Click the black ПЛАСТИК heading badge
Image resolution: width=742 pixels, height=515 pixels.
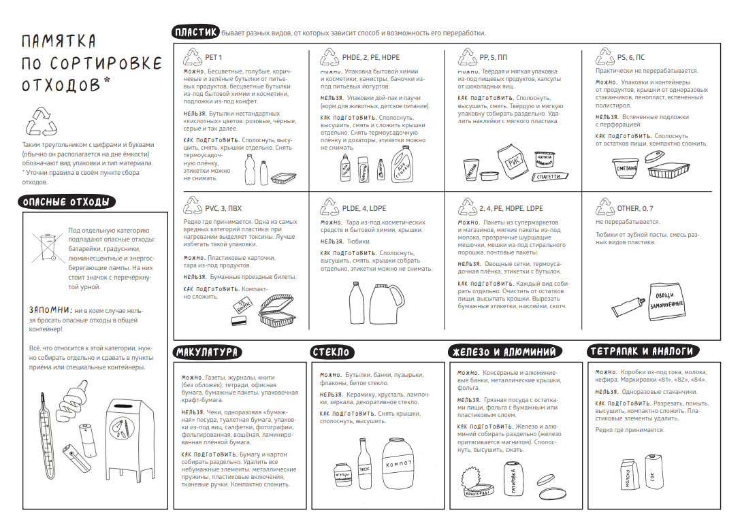click(x=195, y=32)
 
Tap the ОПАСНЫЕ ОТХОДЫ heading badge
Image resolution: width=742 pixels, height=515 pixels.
click(x=67, y=202)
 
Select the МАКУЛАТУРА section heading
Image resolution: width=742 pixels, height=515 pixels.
click(x=207, y=352)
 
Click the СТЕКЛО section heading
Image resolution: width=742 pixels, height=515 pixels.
click(x=332, y=352)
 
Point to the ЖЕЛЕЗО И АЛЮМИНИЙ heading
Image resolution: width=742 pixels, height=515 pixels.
click(x=505, y=352)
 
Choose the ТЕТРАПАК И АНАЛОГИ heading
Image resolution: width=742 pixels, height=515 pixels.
click(x=643, y=351)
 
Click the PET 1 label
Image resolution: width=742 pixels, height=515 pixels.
click(x=214, y=57)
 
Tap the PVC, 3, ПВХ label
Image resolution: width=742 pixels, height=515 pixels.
click(x=223, y=208)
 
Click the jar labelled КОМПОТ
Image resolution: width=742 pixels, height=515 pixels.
click(x=398, y=463)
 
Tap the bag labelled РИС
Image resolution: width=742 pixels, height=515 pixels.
click(x=513, y=162)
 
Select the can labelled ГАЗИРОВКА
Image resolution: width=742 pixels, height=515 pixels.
click(x=514, y=478)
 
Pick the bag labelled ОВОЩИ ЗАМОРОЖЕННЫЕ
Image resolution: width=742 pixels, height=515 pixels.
click(x=666, y=301)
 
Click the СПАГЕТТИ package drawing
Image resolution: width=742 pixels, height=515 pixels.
click(x=549, y=176)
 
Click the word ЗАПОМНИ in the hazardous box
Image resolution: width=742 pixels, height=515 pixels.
click(x=50, y=310)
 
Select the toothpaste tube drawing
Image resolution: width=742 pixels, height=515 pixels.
click(x=628, y=306)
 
